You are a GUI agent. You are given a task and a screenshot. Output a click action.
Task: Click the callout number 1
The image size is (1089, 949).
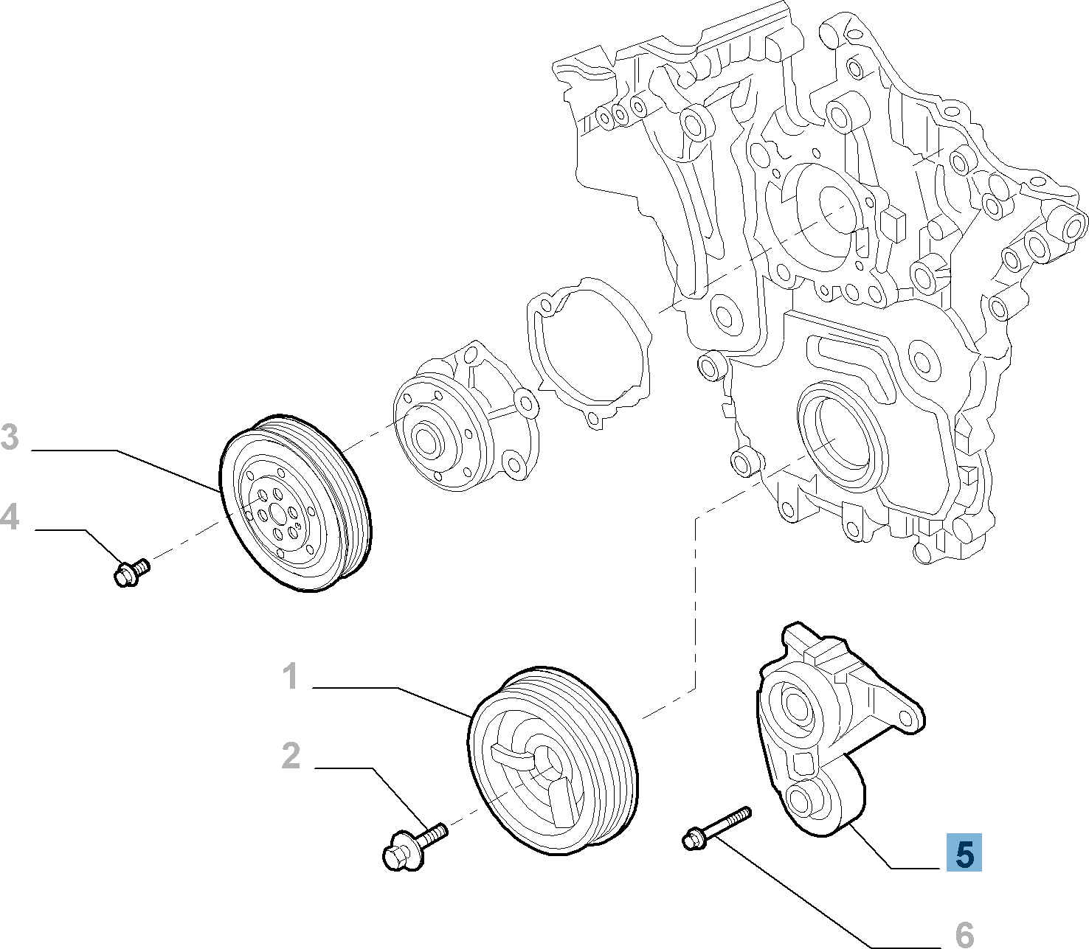(x=291, y=676)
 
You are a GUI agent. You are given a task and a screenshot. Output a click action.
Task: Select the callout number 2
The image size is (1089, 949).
(x=291, y=756)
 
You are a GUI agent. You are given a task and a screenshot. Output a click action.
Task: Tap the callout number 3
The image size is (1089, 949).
(x=10, y=437)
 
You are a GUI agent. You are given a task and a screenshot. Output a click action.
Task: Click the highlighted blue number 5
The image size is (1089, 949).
(x=964, y=854)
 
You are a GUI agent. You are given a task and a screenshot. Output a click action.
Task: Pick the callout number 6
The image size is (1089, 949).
(x=964, y=934)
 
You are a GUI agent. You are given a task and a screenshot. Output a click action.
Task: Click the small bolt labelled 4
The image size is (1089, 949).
(x=131, y=571)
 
